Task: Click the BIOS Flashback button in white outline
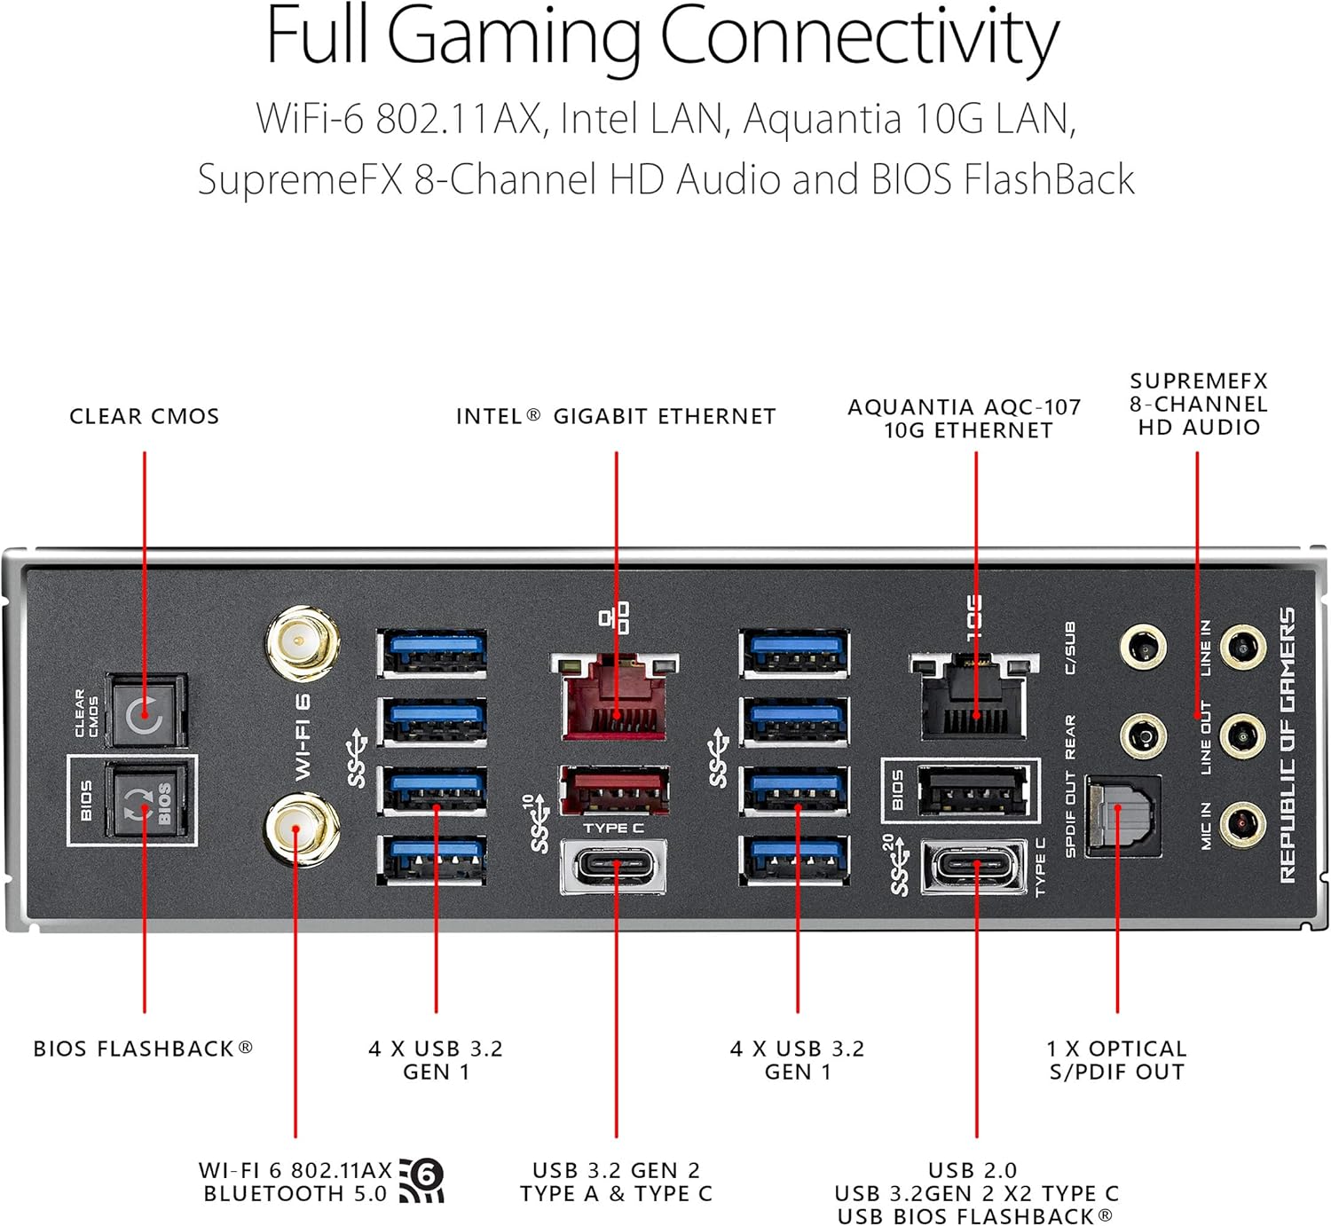pos(146,801)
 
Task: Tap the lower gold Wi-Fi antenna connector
pos(302,830)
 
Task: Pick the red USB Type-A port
pos(614,789)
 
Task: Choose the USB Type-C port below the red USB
pos(614,865)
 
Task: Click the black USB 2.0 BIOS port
pos(973,790)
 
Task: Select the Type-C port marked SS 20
pos(973,867)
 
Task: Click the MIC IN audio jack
pos(1242,823)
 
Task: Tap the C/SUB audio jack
pos(1143,648)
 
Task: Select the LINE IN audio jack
pos(1242,648)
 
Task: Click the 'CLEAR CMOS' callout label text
pos(145,416)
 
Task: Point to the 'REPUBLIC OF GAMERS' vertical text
pos(1288,745)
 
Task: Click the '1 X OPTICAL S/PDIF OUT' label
pos(1116,1060)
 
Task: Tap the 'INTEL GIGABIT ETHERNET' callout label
pos(616,416)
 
